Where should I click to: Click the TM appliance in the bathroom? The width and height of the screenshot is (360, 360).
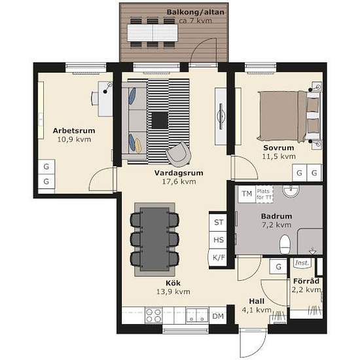tap(247, 194)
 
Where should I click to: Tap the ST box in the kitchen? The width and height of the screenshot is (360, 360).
tap(218, 223)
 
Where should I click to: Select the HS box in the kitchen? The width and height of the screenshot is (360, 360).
tap(218, 240)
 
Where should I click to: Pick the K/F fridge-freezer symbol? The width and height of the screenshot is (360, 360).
tap(218, 258)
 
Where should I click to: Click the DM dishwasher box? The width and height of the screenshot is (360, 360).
tap(218, 316)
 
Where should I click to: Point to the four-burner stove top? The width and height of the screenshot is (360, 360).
tap(154, 315)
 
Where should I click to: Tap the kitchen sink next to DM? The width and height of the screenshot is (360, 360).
tap(197, 315)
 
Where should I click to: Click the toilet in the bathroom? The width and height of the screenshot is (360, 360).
tap(285, 244)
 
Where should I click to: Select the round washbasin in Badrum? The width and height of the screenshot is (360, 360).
tap(291, 192)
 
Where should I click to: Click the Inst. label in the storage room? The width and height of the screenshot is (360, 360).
tap(302, 262)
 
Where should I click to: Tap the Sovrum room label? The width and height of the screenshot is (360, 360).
tap(279, 148)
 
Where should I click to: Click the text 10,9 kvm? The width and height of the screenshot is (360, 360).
tap(74, 139)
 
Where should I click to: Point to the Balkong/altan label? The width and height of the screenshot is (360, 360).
tap(196, 12)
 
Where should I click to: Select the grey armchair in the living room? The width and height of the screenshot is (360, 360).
tap(179, 154)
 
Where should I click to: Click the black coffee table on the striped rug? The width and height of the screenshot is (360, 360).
tap(160, 120)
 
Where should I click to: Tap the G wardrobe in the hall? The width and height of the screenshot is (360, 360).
tap(278, 266)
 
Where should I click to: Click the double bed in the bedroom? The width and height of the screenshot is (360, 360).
tap(290, 116)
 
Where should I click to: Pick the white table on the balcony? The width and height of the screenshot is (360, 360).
tap(153, 33)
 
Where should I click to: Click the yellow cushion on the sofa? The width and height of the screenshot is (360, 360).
tap(137, 145)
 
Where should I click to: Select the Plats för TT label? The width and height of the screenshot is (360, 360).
tap(264, 194)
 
